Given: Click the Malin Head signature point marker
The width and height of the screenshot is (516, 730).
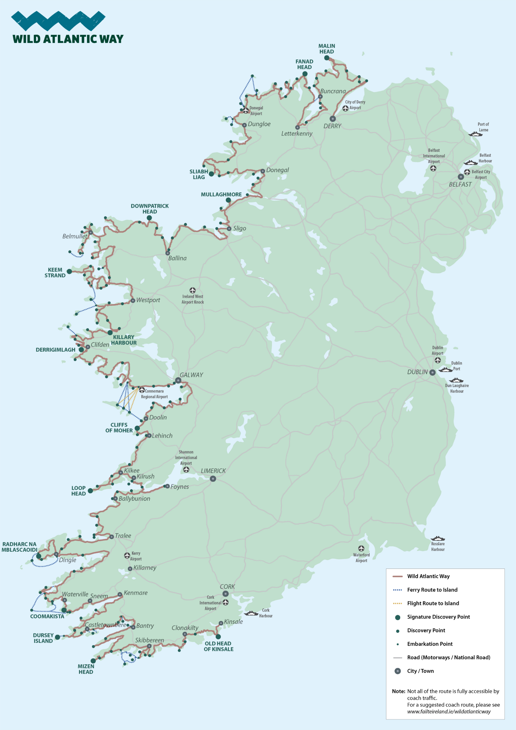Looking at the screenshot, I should tap(327, 58).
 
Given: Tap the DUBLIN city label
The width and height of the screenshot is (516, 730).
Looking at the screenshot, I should tap(417, 372).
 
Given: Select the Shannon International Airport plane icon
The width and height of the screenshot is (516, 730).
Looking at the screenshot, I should tap(186, 470).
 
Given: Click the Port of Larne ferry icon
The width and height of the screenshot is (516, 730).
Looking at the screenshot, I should tap(475, 134).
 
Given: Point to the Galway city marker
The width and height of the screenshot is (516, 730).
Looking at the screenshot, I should tap(178, 381).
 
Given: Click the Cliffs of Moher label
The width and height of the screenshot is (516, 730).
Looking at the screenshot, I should tap(119, 428).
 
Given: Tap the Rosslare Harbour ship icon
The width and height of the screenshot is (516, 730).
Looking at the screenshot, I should tap(438, 538).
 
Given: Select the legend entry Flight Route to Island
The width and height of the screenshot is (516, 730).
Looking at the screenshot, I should tap(433, 603).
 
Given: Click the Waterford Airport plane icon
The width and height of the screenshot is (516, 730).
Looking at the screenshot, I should tap(361, 548).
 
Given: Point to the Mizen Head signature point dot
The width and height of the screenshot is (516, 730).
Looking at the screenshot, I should tap(93, 661).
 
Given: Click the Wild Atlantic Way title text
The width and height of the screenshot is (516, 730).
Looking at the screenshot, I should tap(68, 39).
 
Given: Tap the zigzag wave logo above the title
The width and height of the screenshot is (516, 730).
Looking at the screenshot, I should tap(58, 21).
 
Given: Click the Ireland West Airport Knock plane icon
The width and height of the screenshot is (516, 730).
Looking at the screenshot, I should tap(193, 290).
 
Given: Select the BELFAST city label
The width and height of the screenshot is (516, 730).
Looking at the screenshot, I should tap(460, 184).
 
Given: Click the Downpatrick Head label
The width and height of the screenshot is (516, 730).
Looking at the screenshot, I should tap(150, 209).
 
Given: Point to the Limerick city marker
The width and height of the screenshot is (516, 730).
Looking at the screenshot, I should tap(213, 479).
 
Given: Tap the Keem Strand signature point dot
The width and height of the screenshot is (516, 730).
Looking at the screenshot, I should tap(69, 271).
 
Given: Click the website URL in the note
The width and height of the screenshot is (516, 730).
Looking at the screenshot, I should tap(449, 712).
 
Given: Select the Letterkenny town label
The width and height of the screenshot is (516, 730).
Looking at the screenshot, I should tap(297, 134).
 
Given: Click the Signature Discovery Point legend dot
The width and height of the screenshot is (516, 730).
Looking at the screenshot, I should tap(398, 617).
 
